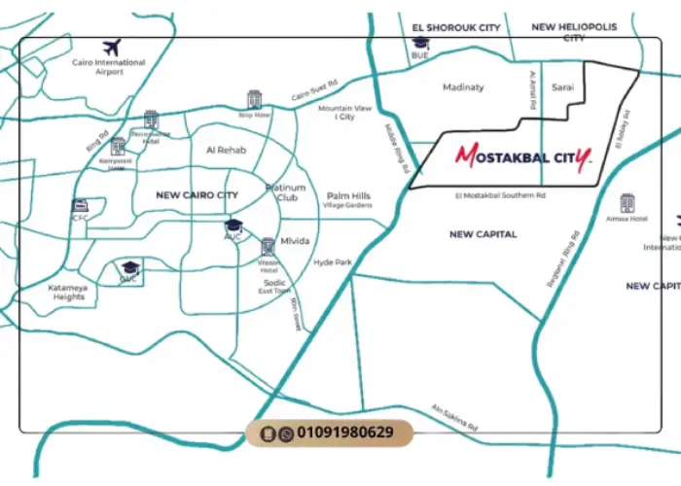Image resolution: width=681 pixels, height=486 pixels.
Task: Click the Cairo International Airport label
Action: pos(109,67)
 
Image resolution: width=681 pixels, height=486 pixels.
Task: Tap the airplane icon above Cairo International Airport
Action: pos(111,47)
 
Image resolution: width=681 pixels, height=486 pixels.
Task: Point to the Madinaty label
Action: pos(463,87)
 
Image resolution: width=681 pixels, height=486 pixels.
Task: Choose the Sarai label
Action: pos(563,87)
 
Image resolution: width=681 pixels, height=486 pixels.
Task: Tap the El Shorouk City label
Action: pos(456,28)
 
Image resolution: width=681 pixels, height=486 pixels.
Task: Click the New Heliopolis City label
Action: pos(571,32)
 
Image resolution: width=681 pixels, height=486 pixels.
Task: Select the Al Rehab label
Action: pos(226,151)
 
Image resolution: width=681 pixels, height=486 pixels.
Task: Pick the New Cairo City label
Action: pos(197,195)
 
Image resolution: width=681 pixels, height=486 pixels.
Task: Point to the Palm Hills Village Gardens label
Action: pos(348,200)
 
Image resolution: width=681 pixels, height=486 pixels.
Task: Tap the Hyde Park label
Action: pos(333,262)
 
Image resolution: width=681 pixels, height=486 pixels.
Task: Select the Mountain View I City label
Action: pos(345,113)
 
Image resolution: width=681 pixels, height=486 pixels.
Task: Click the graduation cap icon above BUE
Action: pos(420,43)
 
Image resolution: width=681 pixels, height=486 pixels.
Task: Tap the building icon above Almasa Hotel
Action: pos(627,203)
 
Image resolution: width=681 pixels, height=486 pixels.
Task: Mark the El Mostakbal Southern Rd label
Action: pos(500,195)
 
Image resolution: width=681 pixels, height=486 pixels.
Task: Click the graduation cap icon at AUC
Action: pos(233,226)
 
